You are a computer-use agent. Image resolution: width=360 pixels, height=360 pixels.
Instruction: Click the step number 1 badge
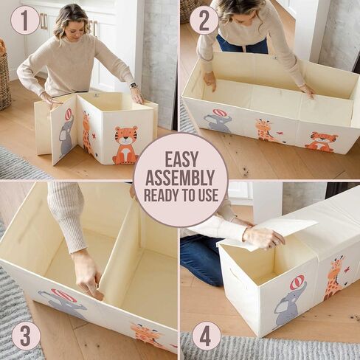[x=25, y=20]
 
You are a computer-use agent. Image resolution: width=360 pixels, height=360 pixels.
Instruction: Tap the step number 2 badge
[x=204, y=20]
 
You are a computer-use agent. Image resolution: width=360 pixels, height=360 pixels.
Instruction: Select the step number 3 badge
[x=26, y=336]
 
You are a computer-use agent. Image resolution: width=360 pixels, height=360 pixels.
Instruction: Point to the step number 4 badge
[x=205, y=336]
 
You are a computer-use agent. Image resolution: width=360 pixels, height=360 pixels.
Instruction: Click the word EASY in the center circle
[x=181, y=159]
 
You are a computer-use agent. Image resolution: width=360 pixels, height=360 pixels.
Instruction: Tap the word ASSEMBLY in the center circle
[x=180, y=178]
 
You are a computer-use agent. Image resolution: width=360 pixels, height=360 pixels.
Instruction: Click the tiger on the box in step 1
[x=125, y=145]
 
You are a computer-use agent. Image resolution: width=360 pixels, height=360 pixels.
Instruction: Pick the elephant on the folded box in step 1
[x=66, y=133]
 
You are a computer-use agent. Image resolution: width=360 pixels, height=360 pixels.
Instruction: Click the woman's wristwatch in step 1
[x=134, y=86]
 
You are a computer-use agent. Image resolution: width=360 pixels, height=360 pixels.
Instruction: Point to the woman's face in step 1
[x=75, y=28]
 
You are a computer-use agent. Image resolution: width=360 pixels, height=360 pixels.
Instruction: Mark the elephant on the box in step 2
[x=218, y=120]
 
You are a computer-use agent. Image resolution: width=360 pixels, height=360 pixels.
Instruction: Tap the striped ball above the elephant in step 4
[x=297, y=283]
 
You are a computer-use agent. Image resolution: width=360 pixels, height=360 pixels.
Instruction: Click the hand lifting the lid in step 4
[x=263, y=238]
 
